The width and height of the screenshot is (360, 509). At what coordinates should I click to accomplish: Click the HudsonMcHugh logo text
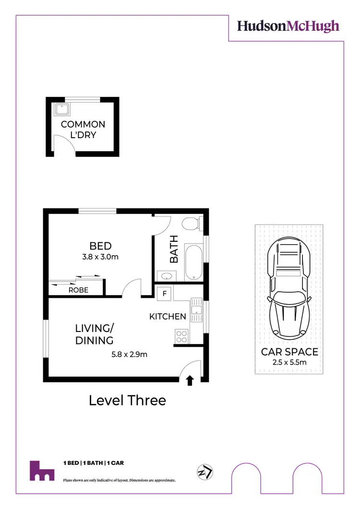pyautogui.click(x=288, y=26)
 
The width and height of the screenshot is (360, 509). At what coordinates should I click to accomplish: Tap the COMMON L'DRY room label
pyautogui.click(x=83, y=130)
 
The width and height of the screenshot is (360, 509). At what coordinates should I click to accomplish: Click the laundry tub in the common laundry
pyautogui.click(x=62, y=109)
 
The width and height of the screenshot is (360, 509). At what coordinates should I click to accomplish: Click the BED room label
pyautogui.click(x=100, y=247)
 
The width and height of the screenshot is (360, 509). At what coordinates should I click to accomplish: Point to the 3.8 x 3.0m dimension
pyautogui.click(x=100, y=257)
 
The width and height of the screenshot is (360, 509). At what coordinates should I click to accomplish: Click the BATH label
pyautogui.click(x=174, y=249)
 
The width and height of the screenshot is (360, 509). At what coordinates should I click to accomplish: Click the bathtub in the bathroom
pyautogui.click(x=194, y=262)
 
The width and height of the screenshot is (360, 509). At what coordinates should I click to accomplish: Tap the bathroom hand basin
pyautogui.click(x=167, y=276)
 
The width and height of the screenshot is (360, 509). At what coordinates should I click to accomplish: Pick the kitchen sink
pyautogui.click(x=196, y=311)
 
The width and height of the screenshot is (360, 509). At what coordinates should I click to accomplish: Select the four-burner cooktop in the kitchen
pyautogui.click(x=182, y=334)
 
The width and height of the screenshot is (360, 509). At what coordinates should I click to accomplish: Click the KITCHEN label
pyautogui.click(x=168, y=317)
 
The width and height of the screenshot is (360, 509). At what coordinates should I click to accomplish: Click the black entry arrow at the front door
pyautogui.click(x=190, y=380)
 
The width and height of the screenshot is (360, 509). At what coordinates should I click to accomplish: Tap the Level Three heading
pyautogui.click(x=127, y=400)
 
